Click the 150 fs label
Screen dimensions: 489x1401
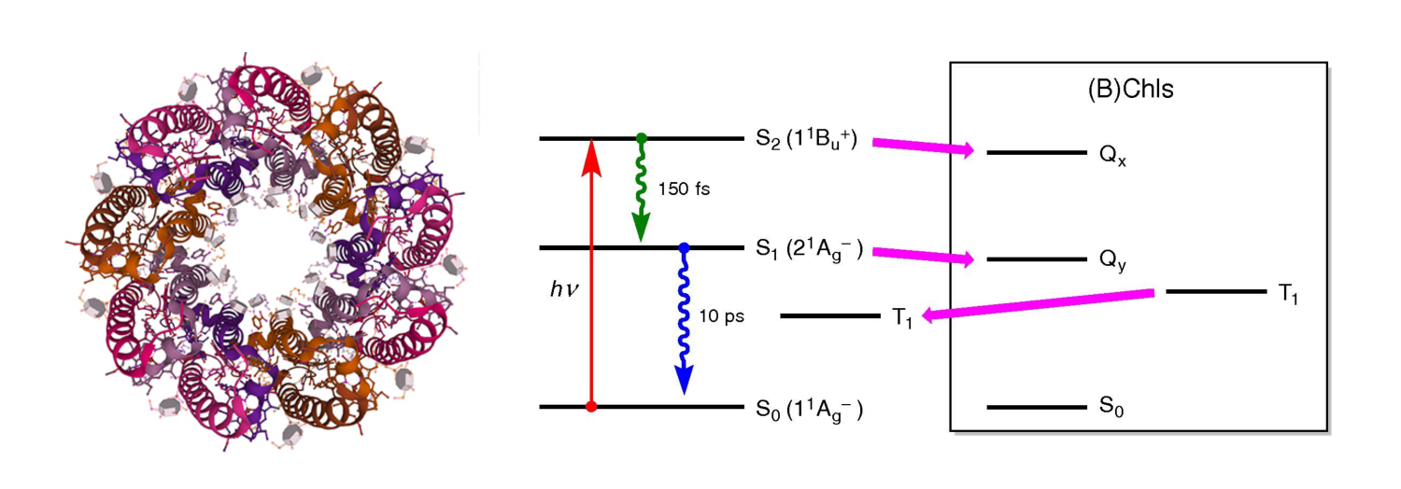pyautogui.click(x=684, y=189)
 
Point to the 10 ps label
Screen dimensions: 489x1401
pyautogui.click(x=722, y=315)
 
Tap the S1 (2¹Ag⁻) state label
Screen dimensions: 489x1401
pyautogui.click(x=807, y=250)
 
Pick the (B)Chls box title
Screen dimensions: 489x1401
pyautogui.click(x=1138, y=91)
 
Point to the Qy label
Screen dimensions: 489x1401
pyautogui.click(x=1112, y=262)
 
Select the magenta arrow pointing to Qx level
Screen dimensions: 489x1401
pyautogui.click(x=922, y=146)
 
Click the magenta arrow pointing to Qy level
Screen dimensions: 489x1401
pyautogui.click(x=922, y=255)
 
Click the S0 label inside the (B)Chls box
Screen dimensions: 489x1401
pyautogui.click(x=1111, y=409)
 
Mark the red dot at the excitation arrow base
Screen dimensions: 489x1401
pyautogui.click(x=589, y=407)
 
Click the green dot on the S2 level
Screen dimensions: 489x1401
pyautogui.click(x=641, y=139)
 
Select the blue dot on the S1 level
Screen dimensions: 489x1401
pyautogui.click(x=684, y=248)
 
